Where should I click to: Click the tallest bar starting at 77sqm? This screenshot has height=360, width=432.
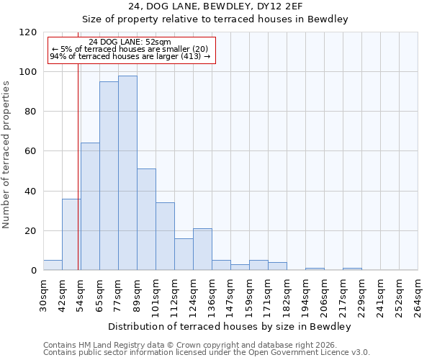127,173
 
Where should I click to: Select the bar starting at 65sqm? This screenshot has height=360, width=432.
109,176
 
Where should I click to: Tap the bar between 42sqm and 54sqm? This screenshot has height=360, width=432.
71,234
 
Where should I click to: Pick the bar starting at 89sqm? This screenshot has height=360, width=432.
146,220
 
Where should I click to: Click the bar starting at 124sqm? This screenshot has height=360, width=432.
202,249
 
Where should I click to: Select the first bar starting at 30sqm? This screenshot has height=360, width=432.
53,265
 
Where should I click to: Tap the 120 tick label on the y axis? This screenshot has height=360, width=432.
28,32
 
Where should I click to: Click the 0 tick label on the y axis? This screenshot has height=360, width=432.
34,271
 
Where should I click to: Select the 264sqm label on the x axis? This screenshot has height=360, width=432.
418,296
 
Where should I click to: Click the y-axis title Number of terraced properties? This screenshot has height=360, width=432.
6,155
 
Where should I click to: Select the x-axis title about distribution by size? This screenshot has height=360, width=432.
230,327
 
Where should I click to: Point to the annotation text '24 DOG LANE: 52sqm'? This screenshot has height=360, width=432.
130,42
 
